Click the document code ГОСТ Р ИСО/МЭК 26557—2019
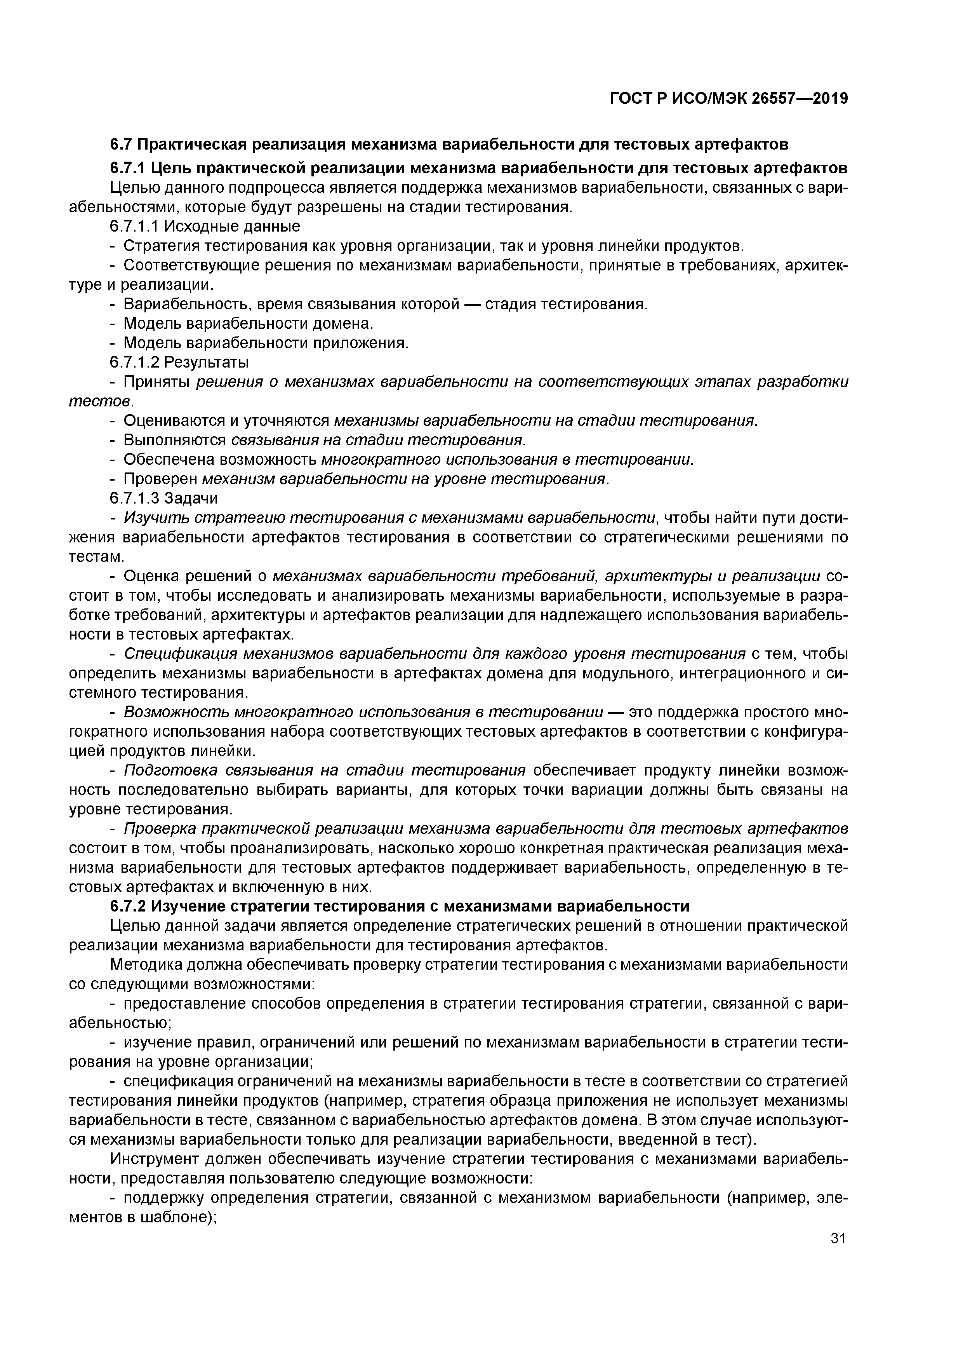coord(728,99)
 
